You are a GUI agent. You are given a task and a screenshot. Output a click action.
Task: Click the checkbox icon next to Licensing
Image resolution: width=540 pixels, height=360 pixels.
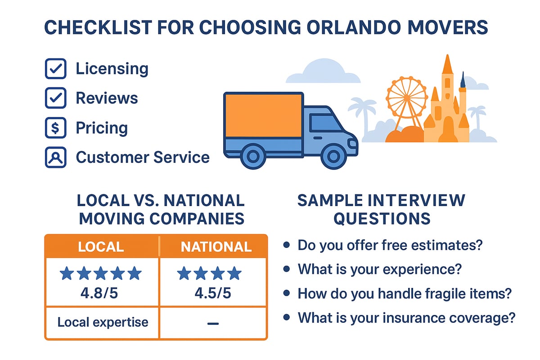[56, 69]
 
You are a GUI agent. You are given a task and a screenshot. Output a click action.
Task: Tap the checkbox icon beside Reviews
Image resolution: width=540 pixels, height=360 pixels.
[56, 98]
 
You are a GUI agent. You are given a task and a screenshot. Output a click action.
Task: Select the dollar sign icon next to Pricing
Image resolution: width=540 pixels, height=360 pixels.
[56, 128]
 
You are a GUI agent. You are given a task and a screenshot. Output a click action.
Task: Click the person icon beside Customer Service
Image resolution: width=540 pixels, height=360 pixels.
[56, 157]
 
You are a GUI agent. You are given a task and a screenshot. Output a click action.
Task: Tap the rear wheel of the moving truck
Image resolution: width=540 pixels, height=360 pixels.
[253, 156]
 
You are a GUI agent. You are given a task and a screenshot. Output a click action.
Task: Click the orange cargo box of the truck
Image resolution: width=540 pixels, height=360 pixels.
[263, 115]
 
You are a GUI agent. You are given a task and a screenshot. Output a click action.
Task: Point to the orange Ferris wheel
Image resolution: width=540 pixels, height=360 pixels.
[406, 98]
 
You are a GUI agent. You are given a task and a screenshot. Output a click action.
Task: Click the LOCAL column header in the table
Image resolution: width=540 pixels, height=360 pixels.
[101, 247]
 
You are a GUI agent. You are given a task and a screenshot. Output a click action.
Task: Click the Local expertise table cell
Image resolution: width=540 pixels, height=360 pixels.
[103, 322]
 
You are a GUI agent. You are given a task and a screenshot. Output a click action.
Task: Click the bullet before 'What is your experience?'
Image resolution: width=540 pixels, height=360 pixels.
[286, 270]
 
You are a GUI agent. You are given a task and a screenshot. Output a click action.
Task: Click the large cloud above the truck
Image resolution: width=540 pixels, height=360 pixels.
[323, 72]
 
